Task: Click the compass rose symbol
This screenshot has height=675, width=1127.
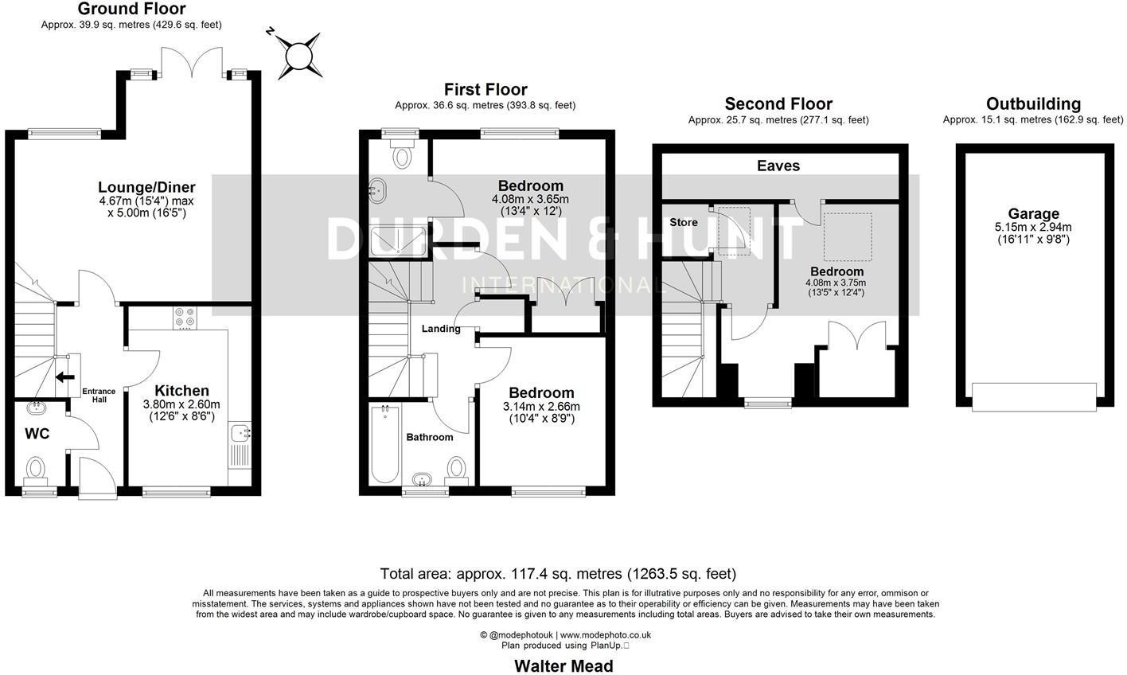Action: coord(296,55)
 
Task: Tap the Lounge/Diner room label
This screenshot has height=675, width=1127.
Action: coord(146,188)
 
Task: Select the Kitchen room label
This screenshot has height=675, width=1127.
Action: coord(181,391)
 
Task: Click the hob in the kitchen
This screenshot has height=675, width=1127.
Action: coord(185,319)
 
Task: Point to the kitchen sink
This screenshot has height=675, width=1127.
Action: coord(240,434)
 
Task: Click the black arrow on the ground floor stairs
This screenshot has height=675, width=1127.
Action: coord(64,377)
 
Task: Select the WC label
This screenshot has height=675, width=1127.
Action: coord(37,434)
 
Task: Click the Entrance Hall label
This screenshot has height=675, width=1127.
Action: coord(99,395)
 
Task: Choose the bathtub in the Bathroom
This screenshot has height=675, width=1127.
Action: coord(385,444)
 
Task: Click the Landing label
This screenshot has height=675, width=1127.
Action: coord(441,329)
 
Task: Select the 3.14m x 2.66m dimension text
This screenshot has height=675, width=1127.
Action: coord(541,407)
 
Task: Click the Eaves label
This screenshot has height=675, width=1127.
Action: coord(778,166)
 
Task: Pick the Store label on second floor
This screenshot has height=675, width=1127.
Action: coord(683,221)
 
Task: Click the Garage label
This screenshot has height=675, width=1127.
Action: coord(1033,213)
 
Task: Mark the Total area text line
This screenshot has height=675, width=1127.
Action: coord(558,573)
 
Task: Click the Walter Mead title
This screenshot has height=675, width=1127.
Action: coord(563,665)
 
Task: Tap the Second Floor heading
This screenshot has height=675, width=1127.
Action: coord(778,103)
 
